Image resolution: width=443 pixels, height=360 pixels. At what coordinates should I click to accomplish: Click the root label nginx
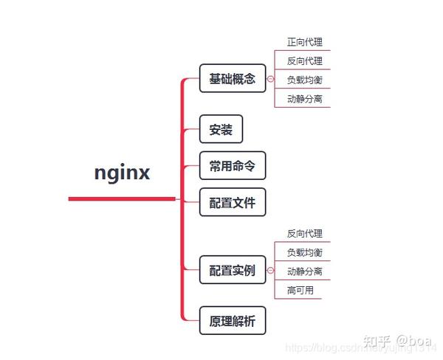click(123, 173)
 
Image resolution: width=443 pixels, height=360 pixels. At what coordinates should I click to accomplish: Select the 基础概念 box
click(232, 78)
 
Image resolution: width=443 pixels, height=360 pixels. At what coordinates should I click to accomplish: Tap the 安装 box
click(221, 130)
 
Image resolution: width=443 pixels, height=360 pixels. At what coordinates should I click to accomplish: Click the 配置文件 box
click(232, 202)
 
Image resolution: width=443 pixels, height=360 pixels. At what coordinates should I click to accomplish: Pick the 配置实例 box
click(232, 270)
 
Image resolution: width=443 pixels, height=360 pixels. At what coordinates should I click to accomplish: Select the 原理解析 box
click(232, 322)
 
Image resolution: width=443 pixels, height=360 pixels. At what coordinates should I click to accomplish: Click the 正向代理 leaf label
click(304, 42)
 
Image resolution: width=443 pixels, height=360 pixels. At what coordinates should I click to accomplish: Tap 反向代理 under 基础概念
click(304, 60)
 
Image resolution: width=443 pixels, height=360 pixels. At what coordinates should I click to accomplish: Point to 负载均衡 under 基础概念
click(304, 80)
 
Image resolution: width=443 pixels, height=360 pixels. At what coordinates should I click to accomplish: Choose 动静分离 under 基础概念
click(304, 98)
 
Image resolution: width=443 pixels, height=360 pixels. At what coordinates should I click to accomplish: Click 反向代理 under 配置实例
click(304, 233)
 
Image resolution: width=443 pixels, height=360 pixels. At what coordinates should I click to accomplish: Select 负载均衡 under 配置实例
click(304, 252)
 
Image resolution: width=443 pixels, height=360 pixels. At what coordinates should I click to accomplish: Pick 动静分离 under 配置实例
click(304, 271)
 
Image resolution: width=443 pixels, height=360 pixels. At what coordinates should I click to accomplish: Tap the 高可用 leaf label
click(300, 290)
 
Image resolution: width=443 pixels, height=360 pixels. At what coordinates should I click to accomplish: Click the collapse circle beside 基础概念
click(270, 79)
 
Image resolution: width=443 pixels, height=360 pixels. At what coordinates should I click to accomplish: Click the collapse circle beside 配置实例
click(270, 271)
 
